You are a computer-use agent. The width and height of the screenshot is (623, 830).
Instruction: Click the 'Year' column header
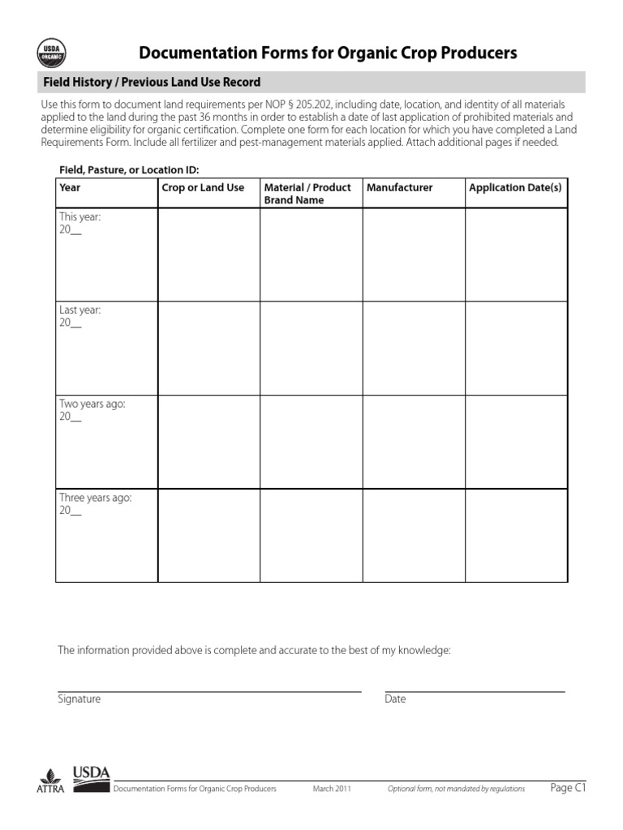coord(70,187)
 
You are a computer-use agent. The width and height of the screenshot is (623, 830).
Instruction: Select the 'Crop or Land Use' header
coord(203,187)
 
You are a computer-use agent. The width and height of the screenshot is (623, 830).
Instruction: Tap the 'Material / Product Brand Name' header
coord(307,194)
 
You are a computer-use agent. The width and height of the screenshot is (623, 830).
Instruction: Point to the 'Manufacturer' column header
coord(400,187)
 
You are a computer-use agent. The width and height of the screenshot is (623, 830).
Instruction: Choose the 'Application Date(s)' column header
coord(515,187)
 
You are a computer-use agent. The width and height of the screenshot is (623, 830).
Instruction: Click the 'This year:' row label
coord(79,217)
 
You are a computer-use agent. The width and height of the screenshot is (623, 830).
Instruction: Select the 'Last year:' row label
coord(79,310)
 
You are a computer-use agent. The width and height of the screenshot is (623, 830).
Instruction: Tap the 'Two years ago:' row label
coord(92,404)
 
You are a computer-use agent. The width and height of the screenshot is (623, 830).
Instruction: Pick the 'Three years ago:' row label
coord(95,498)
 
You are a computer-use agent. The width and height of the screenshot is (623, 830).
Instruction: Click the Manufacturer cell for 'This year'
coord(413,255)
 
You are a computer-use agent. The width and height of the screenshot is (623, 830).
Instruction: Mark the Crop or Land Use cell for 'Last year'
coord(208,349)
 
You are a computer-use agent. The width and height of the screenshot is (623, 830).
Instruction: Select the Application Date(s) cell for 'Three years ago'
coord(516,535)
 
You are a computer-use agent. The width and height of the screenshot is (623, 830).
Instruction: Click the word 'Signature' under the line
coord(79,699)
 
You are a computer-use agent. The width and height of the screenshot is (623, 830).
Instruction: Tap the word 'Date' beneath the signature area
coord(395,699)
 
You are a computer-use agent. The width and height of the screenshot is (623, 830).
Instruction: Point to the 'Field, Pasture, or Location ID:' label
coord(129,169)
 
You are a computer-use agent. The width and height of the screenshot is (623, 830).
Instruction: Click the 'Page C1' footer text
coord(568,788)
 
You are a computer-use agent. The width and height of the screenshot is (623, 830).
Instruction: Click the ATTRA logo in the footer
coord(51,781)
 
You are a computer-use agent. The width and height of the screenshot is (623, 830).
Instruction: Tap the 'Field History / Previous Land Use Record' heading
coord(152,83)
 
